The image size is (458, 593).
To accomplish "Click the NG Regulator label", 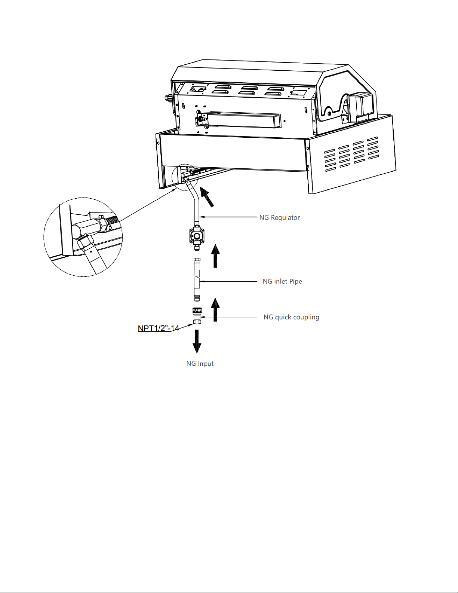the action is [x=279, y=217].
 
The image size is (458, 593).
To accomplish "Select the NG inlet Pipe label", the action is [x=282, y=281].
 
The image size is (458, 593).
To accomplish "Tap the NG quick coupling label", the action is [x=291, y=317].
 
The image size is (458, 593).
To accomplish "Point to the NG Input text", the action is [x=200, y=364].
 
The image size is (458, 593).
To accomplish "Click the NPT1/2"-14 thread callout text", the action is [x=159, y=328].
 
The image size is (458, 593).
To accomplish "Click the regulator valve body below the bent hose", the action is [x=197, y=235].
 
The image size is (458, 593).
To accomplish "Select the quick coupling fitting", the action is [x=197, y=316].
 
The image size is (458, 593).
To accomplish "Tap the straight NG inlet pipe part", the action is [x=197, y=280].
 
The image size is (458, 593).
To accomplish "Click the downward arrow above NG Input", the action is [x=197, y=341].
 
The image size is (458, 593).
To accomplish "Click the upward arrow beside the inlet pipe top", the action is [x=215, y=256].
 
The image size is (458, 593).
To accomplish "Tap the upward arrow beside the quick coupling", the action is [x=215, y=309].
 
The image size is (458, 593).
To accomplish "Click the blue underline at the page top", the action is [x=205, y=35].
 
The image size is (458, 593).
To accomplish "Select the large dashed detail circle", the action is [x=44, y=237].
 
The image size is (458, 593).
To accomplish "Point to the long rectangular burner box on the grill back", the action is [x=241, y=119].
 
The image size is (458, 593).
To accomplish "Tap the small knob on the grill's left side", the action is [x=168, y=98].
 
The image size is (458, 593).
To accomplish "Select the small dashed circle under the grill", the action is [x=172, y=177].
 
